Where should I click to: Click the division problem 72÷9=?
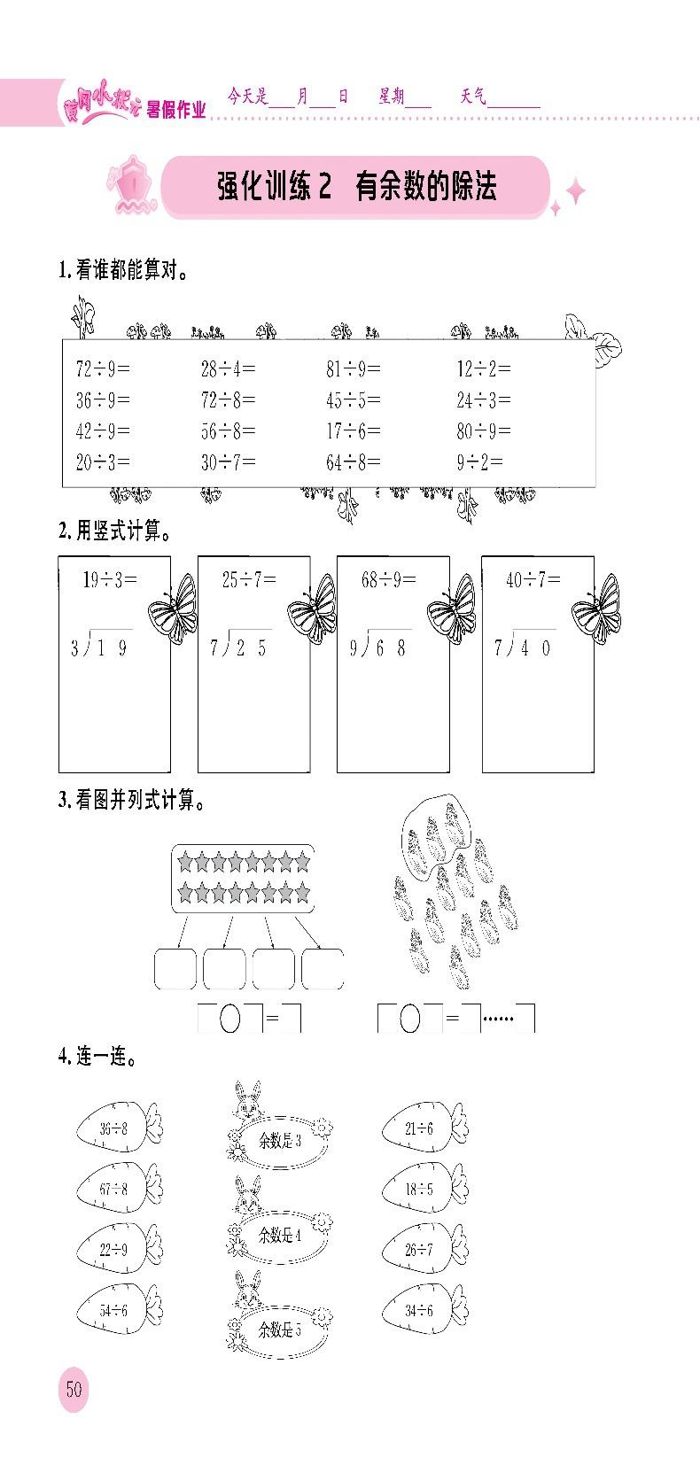[102, 368]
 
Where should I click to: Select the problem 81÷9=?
[354, 368]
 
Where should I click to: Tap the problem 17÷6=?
[354, 430]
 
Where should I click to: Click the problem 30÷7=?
[228, 461]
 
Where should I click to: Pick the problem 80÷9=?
[484, 430]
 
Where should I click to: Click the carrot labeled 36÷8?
[119, 1128]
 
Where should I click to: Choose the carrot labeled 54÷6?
[119, 1309]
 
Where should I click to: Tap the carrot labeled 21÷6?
[424, 1128]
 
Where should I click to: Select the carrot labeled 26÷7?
[424, 1250]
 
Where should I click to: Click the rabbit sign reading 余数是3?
[279, 1139]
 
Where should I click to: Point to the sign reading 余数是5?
[279, 1330]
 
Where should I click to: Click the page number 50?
[74, 1388]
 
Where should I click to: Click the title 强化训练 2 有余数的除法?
[356, 187]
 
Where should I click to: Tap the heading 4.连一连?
[97, 1056]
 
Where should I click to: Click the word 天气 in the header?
[473, 97]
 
